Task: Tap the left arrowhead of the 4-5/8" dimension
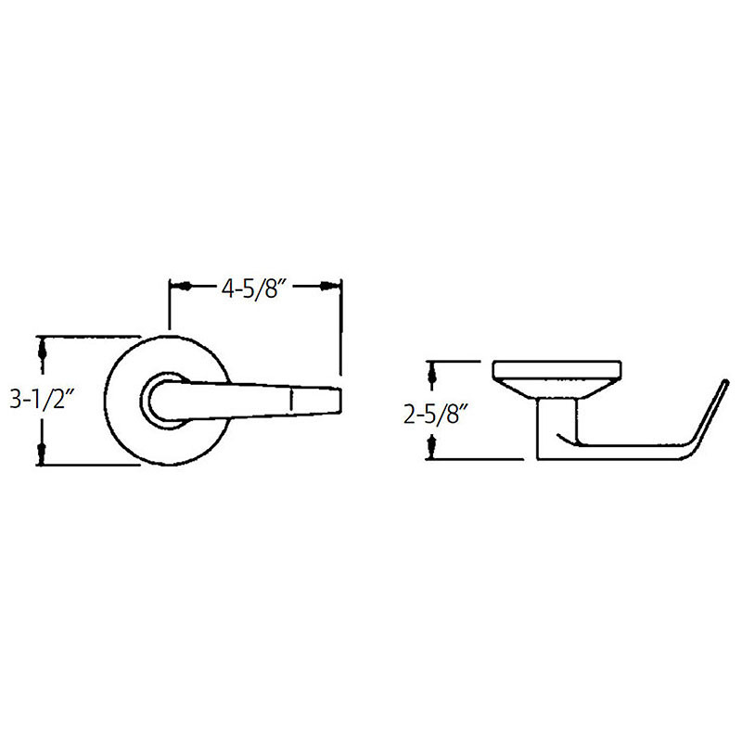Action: pos(184,287)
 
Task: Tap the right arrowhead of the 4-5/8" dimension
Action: pos(327,287)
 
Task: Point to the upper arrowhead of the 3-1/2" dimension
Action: pos(43,349)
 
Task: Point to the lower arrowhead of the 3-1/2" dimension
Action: pos(43,453)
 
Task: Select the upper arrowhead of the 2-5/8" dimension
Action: pos(432,374)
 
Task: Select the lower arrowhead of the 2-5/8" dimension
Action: pos(432,447)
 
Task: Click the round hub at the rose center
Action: pos(163,400)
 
